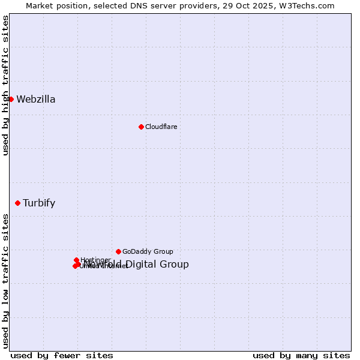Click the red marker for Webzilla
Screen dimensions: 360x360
tap(11, 99)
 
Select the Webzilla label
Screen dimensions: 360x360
tap(36, 100)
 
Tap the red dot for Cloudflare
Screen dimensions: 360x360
tap(141, 127)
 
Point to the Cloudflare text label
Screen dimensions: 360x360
tap(161, 127)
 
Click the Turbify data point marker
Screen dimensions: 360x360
tap(17, 203)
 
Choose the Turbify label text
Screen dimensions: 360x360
tap(39, 203)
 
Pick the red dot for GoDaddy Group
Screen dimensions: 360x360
tap(118, 251)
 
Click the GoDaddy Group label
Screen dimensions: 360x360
tap(148, 251)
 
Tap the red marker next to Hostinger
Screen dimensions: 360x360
tap(76, 260)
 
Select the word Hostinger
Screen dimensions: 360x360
tap(95, 260)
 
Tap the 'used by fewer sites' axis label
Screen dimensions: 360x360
tap(53, 356)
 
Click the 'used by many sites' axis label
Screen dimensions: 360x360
tap(301, 356)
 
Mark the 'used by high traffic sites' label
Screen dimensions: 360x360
tap(5, 85)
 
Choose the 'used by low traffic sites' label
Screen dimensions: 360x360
tap(5, 281)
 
